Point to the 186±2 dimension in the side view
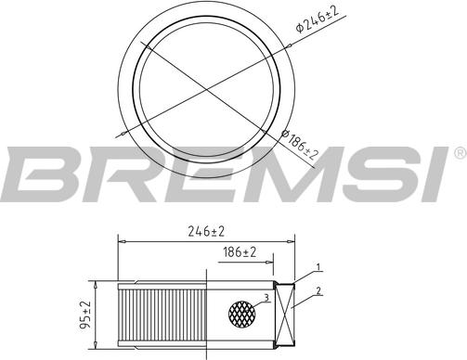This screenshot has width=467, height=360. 240,252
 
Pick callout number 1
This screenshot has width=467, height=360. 318,268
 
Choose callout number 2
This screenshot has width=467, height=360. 318,291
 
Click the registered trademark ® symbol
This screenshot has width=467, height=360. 460,151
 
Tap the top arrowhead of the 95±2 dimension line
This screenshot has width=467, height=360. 96,283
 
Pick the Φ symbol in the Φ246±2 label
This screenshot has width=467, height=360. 300,28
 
